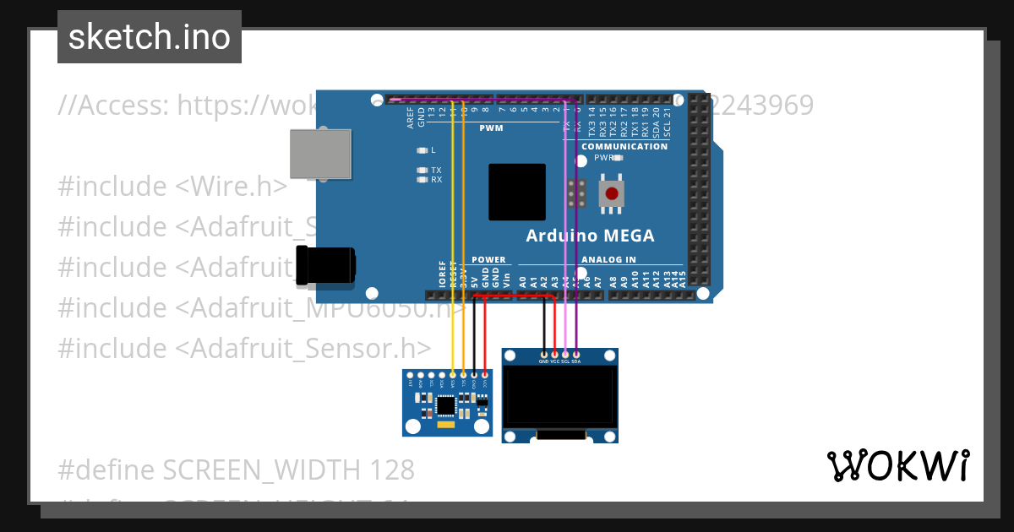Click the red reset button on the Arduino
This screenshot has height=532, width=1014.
coord(611,193)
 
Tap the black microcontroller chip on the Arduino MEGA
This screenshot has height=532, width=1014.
coord(516,193)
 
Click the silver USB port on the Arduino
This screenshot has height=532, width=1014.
coord(320,154)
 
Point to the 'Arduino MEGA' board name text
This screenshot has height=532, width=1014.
coord(590,236)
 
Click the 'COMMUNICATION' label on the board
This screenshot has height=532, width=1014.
coord(624,146)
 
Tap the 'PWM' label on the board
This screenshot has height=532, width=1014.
coord(491,128)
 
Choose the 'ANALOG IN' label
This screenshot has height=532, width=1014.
coord(608,259)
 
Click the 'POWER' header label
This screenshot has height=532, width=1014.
coord(488,259)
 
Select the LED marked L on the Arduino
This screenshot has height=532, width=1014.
coord(422,150)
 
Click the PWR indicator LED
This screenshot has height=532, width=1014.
coord(618,158)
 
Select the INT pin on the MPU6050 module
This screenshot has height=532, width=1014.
coord(410,374)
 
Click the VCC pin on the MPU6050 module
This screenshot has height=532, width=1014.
coord(485,374)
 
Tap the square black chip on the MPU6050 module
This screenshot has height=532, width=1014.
coord(445,406)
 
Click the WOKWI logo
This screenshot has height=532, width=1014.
coord(898,465)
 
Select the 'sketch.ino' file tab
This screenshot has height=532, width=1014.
coord(150,37)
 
